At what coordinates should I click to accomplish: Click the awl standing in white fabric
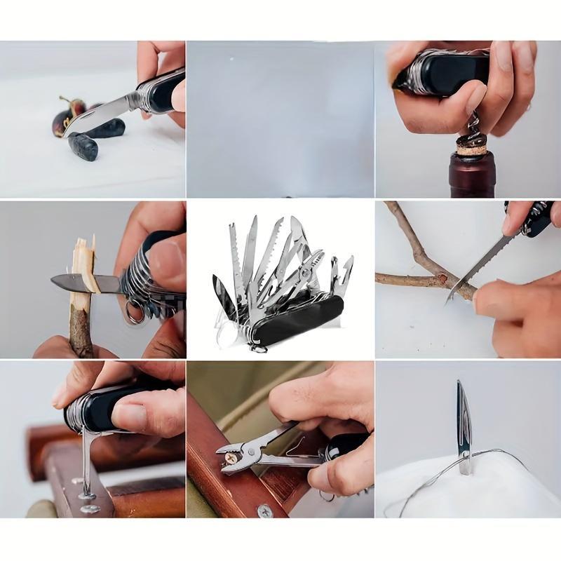coord(464,428)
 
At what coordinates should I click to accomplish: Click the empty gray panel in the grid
coord(280,119)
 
